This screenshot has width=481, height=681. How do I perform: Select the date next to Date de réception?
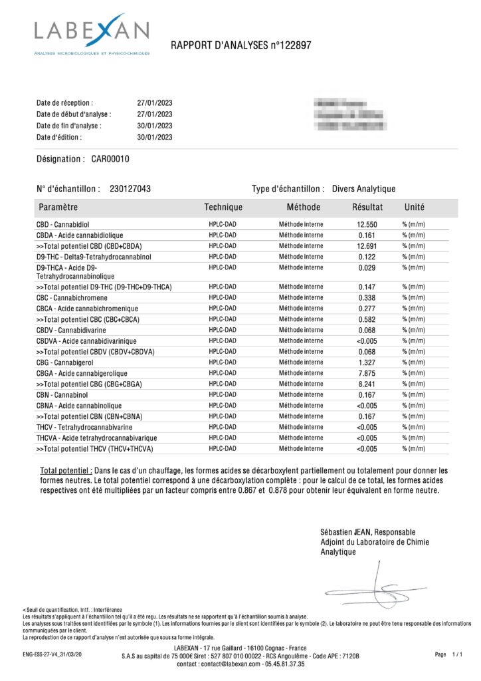click(155, 104)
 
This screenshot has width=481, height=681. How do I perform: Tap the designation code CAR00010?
click(110, 159)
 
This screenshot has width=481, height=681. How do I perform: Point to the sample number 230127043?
click(130, 189)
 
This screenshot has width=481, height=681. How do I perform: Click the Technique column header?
click(223, 207)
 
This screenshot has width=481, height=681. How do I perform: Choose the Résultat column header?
click(367, 207)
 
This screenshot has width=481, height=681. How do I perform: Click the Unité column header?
click(415, 207)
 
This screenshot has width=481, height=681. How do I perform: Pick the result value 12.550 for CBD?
click(367, 225)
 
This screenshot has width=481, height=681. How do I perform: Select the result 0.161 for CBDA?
click(367, 235)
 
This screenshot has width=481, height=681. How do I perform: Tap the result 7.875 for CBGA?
click(367, 373)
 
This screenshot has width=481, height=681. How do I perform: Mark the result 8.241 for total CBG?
click(367, 384)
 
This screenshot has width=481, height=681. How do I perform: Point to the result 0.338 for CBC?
click(367, 298)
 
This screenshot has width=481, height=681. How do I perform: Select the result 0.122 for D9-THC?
click(367, 257)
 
